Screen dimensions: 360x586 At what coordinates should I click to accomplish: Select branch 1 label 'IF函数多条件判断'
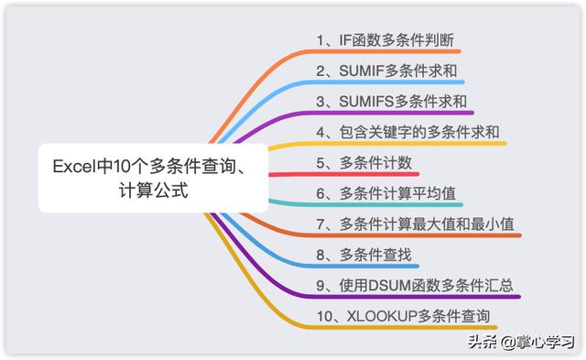pos(386,40)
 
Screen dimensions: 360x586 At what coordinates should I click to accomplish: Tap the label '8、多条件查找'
pos(364,256)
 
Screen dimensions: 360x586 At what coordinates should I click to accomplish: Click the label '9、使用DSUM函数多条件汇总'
pos(414,287)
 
